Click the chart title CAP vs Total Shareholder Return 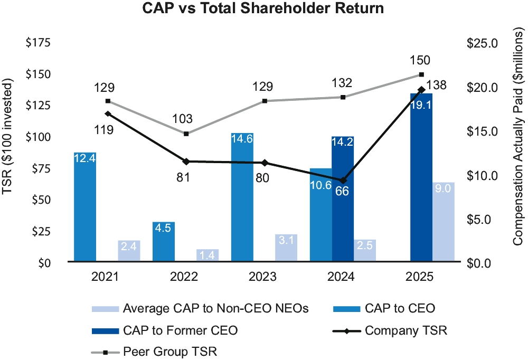pyautogui.click(x=263, y=9)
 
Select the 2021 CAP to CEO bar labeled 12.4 pyautogui.click(x=85, y=206)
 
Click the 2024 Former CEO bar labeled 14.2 pyautogui.click(x=343, y=198)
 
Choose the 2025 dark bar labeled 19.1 pyautogui.click(x=421, y=177)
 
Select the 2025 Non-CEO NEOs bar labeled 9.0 pyautogui.click(x=444, y=222)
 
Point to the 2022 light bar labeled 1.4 pyautogui.click(x=208, y=255)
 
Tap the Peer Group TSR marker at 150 pyautogui.click(x=421, y=74)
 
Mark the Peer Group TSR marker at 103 pyautogui.click(x=186, y=134)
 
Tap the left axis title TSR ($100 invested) pyautogui.click(x=8, y=137)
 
